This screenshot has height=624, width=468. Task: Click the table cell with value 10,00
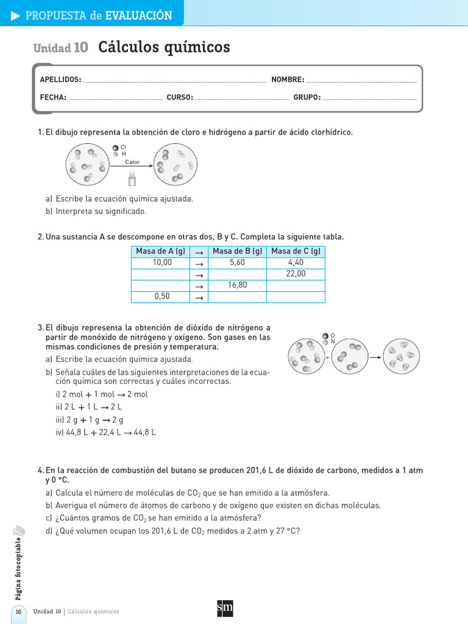162,262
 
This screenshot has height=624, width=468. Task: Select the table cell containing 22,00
296,274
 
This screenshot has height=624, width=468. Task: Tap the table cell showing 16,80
237,285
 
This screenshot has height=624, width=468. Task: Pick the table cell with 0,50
162,297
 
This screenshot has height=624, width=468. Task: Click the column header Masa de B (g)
237,251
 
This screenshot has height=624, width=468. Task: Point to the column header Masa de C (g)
296,251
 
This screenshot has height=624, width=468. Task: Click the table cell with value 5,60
237,262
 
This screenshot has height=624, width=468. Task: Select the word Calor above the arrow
132,162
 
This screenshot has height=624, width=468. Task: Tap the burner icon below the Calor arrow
131,177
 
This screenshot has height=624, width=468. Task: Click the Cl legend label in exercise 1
123,147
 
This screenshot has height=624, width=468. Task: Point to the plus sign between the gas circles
327,358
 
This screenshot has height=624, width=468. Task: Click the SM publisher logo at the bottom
225,608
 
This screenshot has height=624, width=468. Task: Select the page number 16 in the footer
18,612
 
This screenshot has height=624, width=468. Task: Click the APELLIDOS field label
60,80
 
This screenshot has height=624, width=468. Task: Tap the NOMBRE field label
288,80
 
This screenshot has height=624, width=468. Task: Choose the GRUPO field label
307,97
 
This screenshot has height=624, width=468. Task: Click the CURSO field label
180,97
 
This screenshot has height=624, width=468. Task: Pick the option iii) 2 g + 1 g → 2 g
99,420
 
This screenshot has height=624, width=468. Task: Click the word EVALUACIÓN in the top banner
138,16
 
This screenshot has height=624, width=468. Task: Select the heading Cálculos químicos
164,47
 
